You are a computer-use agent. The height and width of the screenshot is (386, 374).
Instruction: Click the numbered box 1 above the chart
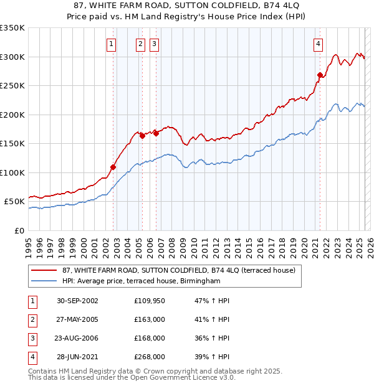tap(111, 44)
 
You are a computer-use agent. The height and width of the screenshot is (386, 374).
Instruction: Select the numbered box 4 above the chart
tap(318, 44)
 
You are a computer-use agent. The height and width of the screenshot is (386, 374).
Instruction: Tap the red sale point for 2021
tap(320, 75)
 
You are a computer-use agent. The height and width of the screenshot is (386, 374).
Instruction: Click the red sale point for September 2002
tap(113, 167)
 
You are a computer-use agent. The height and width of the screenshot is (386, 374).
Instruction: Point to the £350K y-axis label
tap(12, 28)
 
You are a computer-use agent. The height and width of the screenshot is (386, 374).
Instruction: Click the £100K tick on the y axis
tap(12, 172)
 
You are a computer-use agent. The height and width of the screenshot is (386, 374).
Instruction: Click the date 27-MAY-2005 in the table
tap(77, 319)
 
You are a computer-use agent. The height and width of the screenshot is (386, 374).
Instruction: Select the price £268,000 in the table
tap(150, 357)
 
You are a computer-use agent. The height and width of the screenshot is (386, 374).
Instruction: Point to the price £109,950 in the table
tap(150, 301)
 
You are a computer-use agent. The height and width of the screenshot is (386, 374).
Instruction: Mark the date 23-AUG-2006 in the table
tap(77, 338)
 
